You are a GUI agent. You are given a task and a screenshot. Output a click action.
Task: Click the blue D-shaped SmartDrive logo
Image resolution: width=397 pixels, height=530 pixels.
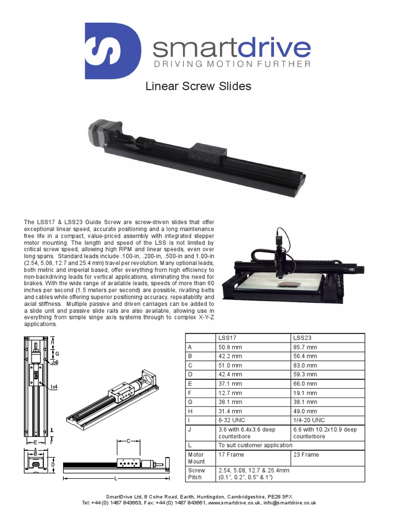coord(113,51)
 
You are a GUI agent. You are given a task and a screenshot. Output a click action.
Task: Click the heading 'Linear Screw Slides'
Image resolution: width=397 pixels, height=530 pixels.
coord(198,86)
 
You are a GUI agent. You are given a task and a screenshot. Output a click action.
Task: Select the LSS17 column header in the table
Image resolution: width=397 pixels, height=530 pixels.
coord(227,338)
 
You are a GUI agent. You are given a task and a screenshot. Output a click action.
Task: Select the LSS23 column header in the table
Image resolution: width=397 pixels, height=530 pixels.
coord(302,338)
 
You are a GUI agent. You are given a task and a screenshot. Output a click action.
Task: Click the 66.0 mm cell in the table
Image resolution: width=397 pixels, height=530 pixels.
coord(305,384)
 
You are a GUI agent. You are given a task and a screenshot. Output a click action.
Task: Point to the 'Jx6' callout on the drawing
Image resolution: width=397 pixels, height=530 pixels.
coord(55,363)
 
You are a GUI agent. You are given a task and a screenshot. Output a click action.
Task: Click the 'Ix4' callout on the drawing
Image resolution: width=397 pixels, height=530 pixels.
coord(54,386)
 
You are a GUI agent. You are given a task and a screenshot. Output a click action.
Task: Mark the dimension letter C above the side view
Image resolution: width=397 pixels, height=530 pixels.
coord(128,440)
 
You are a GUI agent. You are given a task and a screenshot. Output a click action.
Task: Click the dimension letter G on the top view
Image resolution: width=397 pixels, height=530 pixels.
coord(57,354)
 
